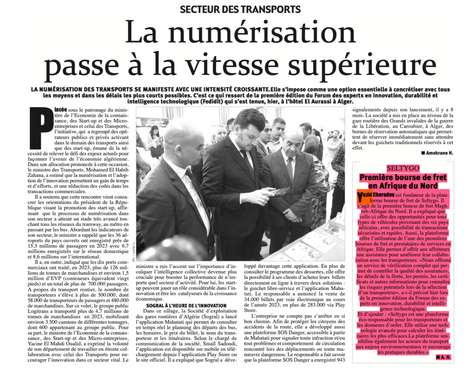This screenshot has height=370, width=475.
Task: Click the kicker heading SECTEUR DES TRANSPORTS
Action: click(240, 9)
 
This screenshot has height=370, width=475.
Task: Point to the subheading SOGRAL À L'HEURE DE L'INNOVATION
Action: click(187, 306)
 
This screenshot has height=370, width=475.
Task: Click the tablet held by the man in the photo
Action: click(279, 192)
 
